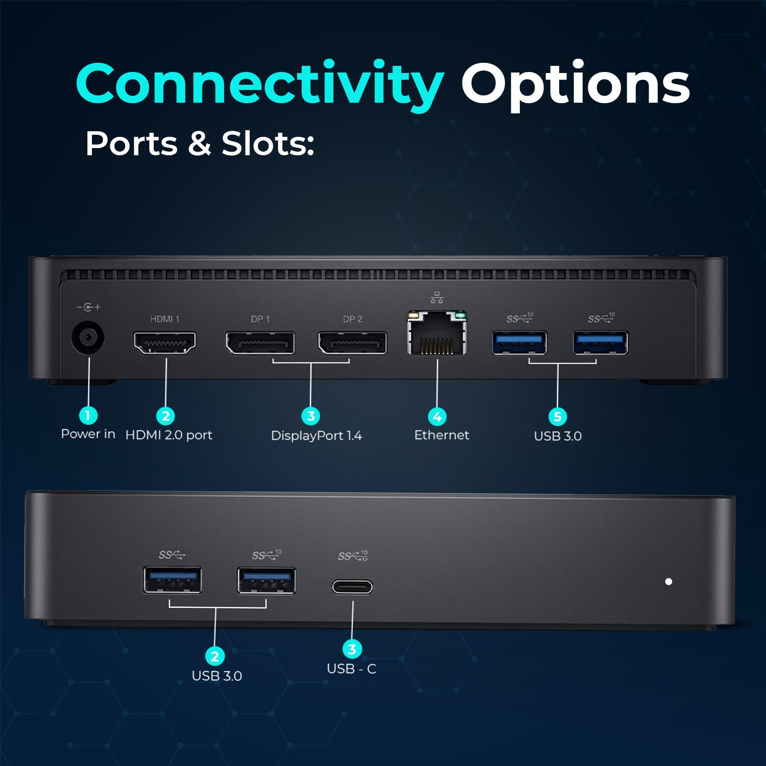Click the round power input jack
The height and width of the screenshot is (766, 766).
point(88,337)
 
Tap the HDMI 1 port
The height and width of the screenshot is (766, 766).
point(164,343)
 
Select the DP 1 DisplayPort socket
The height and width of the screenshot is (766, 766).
point(260,343)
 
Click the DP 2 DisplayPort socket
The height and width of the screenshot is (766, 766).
point(352,343)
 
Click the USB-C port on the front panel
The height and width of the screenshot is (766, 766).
point(352,587)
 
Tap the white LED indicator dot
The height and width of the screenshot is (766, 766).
point(668,581)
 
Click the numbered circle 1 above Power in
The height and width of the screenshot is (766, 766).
point(88,415)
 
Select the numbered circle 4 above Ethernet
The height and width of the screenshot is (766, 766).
point(437,417)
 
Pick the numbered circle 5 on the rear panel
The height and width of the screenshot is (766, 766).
point(558,417)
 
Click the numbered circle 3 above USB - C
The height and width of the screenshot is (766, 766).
point(352,650)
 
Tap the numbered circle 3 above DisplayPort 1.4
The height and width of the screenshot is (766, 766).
point(310,416)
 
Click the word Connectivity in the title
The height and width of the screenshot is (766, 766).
point(260,85)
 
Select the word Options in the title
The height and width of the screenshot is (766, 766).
point(576,85)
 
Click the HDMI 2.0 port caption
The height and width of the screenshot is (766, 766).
point(169,435)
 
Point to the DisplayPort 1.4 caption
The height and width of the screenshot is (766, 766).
point(317,436)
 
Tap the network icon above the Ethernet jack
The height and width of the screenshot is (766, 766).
point(437,297)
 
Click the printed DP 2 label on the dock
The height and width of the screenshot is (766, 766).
point(353,319)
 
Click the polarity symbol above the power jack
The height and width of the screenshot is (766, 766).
point(88,307)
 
